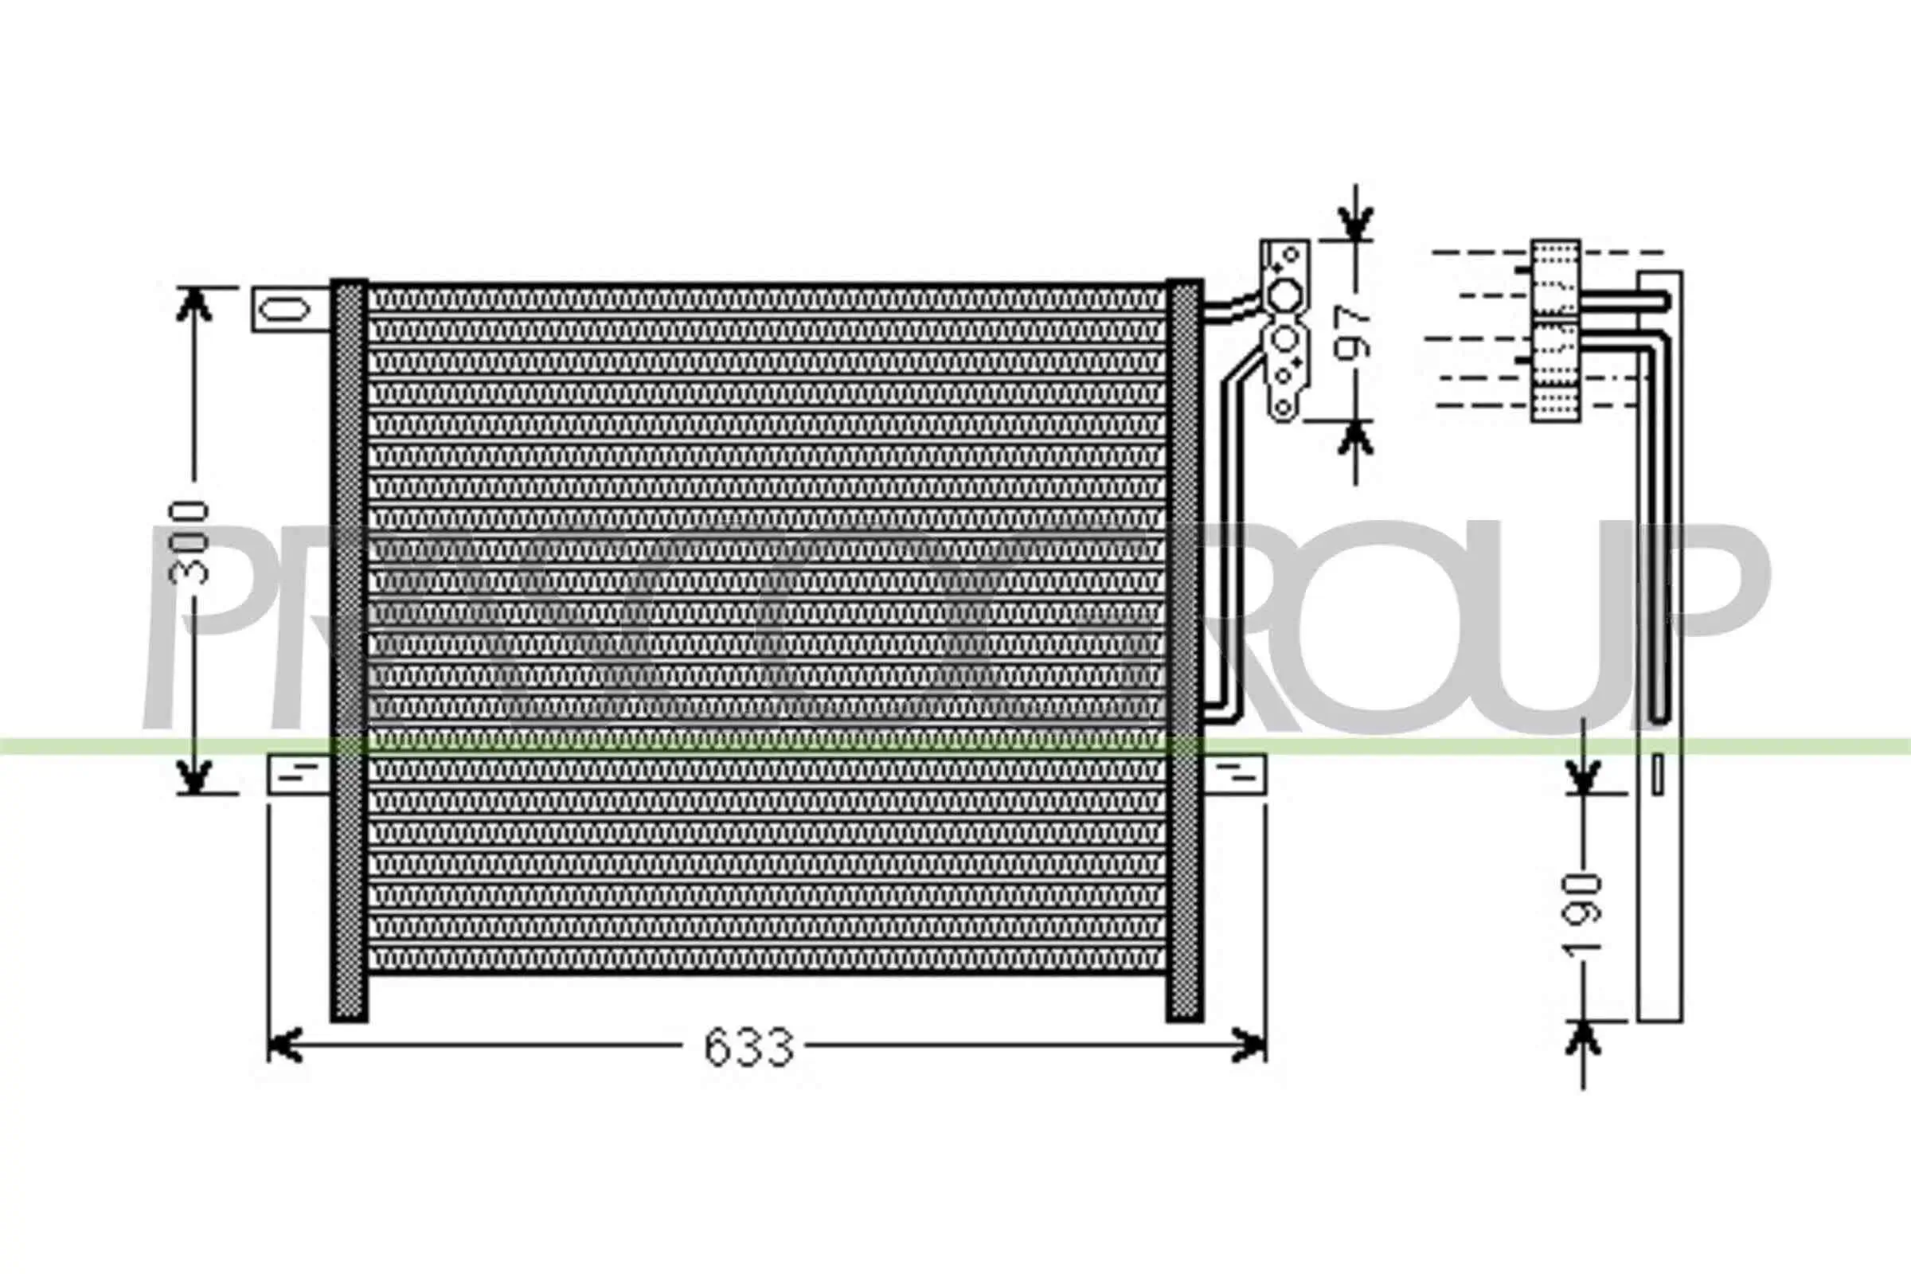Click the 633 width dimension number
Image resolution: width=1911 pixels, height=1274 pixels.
pos(748,1048)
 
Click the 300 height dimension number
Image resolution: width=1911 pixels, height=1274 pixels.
pos(190,542)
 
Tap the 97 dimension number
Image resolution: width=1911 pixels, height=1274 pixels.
pos(1352,330)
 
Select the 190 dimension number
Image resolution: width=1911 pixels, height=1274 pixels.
pos(1584,913)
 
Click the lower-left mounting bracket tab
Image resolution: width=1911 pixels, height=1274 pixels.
pos(298,775)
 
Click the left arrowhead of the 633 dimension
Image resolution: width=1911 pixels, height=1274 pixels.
pos(284,1045)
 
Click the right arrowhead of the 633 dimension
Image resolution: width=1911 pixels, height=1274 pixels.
pos(1249,1045)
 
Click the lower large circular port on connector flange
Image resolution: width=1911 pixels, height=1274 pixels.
pos(1284,340)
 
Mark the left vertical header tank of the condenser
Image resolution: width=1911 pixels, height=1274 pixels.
pos(349,650)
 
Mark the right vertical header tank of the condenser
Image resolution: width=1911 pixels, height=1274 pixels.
pos(1184,650)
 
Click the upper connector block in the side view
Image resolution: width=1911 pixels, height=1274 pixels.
pos(1555,278)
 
